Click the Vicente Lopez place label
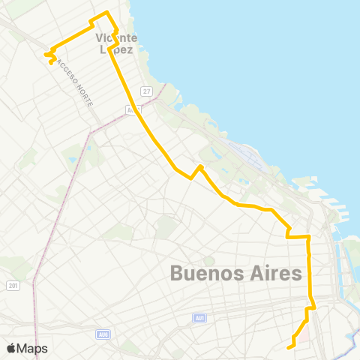point(116,43)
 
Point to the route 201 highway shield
point(13,285)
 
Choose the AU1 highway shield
point(199,318)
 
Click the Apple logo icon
point(11,348)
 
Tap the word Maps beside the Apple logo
point(32,348)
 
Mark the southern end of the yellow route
point(289,347)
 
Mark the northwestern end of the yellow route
point(51,62)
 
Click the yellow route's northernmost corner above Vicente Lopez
point(106,13)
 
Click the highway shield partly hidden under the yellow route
point(133,109)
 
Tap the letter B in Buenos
point(178,273)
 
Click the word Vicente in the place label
point(116,37)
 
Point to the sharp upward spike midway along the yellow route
point(200,166)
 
